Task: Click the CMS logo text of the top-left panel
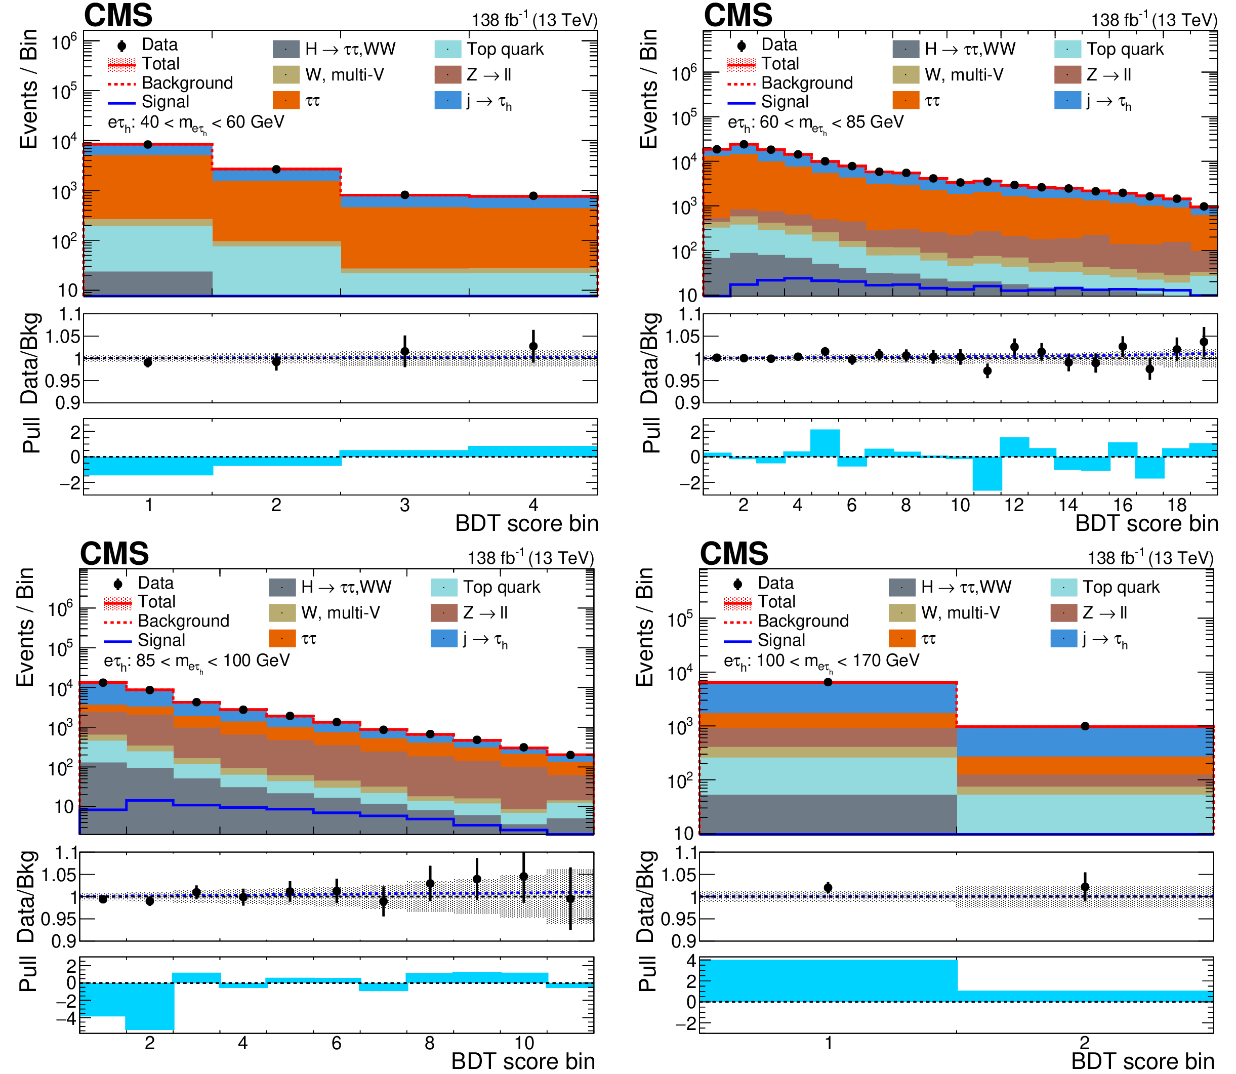tap(118, 15)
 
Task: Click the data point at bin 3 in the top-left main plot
tap(404, 195)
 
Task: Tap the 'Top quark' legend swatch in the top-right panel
tap(1067, 49)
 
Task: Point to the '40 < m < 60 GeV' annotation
tap(196, 123)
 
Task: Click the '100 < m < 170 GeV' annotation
tap(821, 661)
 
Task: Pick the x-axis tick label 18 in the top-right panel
tap(1177, 505)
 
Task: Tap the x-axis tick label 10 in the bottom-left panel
tap(524, 1044)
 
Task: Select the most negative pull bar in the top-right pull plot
tap(986, 473)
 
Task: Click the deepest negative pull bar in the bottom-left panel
tap(150, 1006)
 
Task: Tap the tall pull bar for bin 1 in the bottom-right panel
tap(828, 981)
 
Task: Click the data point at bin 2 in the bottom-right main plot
tap(1085, 726)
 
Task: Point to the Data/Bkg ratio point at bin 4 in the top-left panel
tap(533, 346)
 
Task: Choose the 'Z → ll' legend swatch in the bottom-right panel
tap(1063, 612)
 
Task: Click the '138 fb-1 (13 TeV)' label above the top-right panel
tap(1154, 20)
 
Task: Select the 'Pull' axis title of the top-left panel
tap(31, 435)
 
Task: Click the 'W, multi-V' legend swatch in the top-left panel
tap(286, 75)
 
